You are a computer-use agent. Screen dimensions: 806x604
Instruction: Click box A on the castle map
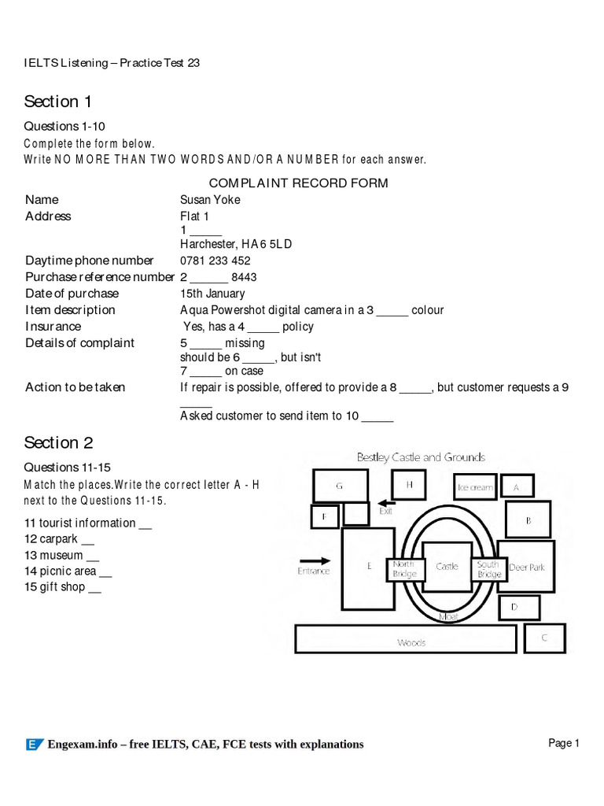click(517, 487)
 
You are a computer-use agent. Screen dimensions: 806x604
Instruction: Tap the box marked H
click(410, 486)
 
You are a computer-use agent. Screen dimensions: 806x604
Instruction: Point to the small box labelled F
click(325, 516)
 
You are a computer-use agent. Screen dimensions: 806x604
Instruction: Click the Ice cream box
click(475, 487)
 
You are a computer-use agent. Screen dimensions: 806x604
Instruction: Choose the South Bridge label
click(488, 569)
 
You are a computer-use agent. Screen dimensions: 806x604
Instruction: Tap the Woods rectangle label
click(411, 642)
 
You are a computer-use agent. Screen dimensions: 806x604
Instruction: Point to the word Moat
click(448, 616)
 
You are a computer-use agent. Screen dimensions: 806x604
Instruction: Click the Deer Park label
click(526, 567)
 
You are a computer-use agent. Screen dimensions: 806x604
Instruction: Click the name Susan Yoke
click(210, 200)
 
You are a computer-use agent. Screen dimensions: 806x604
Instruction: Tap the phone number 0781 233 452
click(215, 261)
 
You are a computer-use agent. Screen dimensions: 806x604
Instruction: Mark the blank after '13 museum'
click(93, 556)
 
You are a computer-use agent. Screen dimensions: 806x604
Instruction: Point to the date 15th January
click(212, 294)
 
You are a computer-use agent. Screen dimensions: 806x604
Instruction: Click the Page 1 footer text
click(563, 743)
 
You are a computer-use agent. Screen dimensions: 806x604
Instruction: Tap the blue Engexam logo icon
click(34, 744)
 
